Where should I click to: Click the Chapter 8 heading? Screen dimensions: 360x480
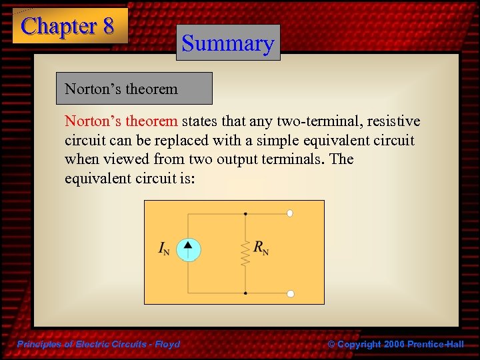click(x=68, y=26)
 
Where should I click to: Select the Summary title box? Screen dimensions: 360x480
click(x=228, y=43)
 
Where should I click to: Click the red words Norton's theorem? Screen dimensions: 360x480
click(x=121, y=121)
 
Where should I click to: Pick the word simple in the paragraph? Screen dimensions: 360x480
click(x=287, y=141)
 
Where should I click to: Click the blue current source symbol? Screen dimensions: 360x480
click(x=189, y=249)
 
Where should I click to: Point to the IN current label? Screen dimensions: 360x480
click(x=163, y=249)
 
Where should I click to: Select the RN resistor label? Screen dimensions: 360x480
click(x=261, y=247)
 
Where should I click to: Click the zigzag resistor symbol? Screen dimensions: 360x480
click(x=245, y=253)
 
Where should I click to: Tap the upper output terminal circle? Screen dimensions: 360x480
click(x=290, y=213)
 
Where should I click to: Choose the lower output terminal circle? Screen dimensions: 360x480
click(x=290, y=293)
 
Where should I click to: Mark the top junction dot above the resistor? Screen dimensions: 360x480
click(x=245, y=213)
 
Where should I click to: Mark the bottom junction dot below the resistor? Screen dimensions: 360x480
click(x=245, y=293)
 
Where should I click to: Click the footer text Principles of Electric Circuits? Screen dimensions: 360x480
click(x=97, y=344)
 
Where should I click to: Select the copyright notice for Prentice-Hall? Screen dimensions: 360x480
click(x=396, y=344)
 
